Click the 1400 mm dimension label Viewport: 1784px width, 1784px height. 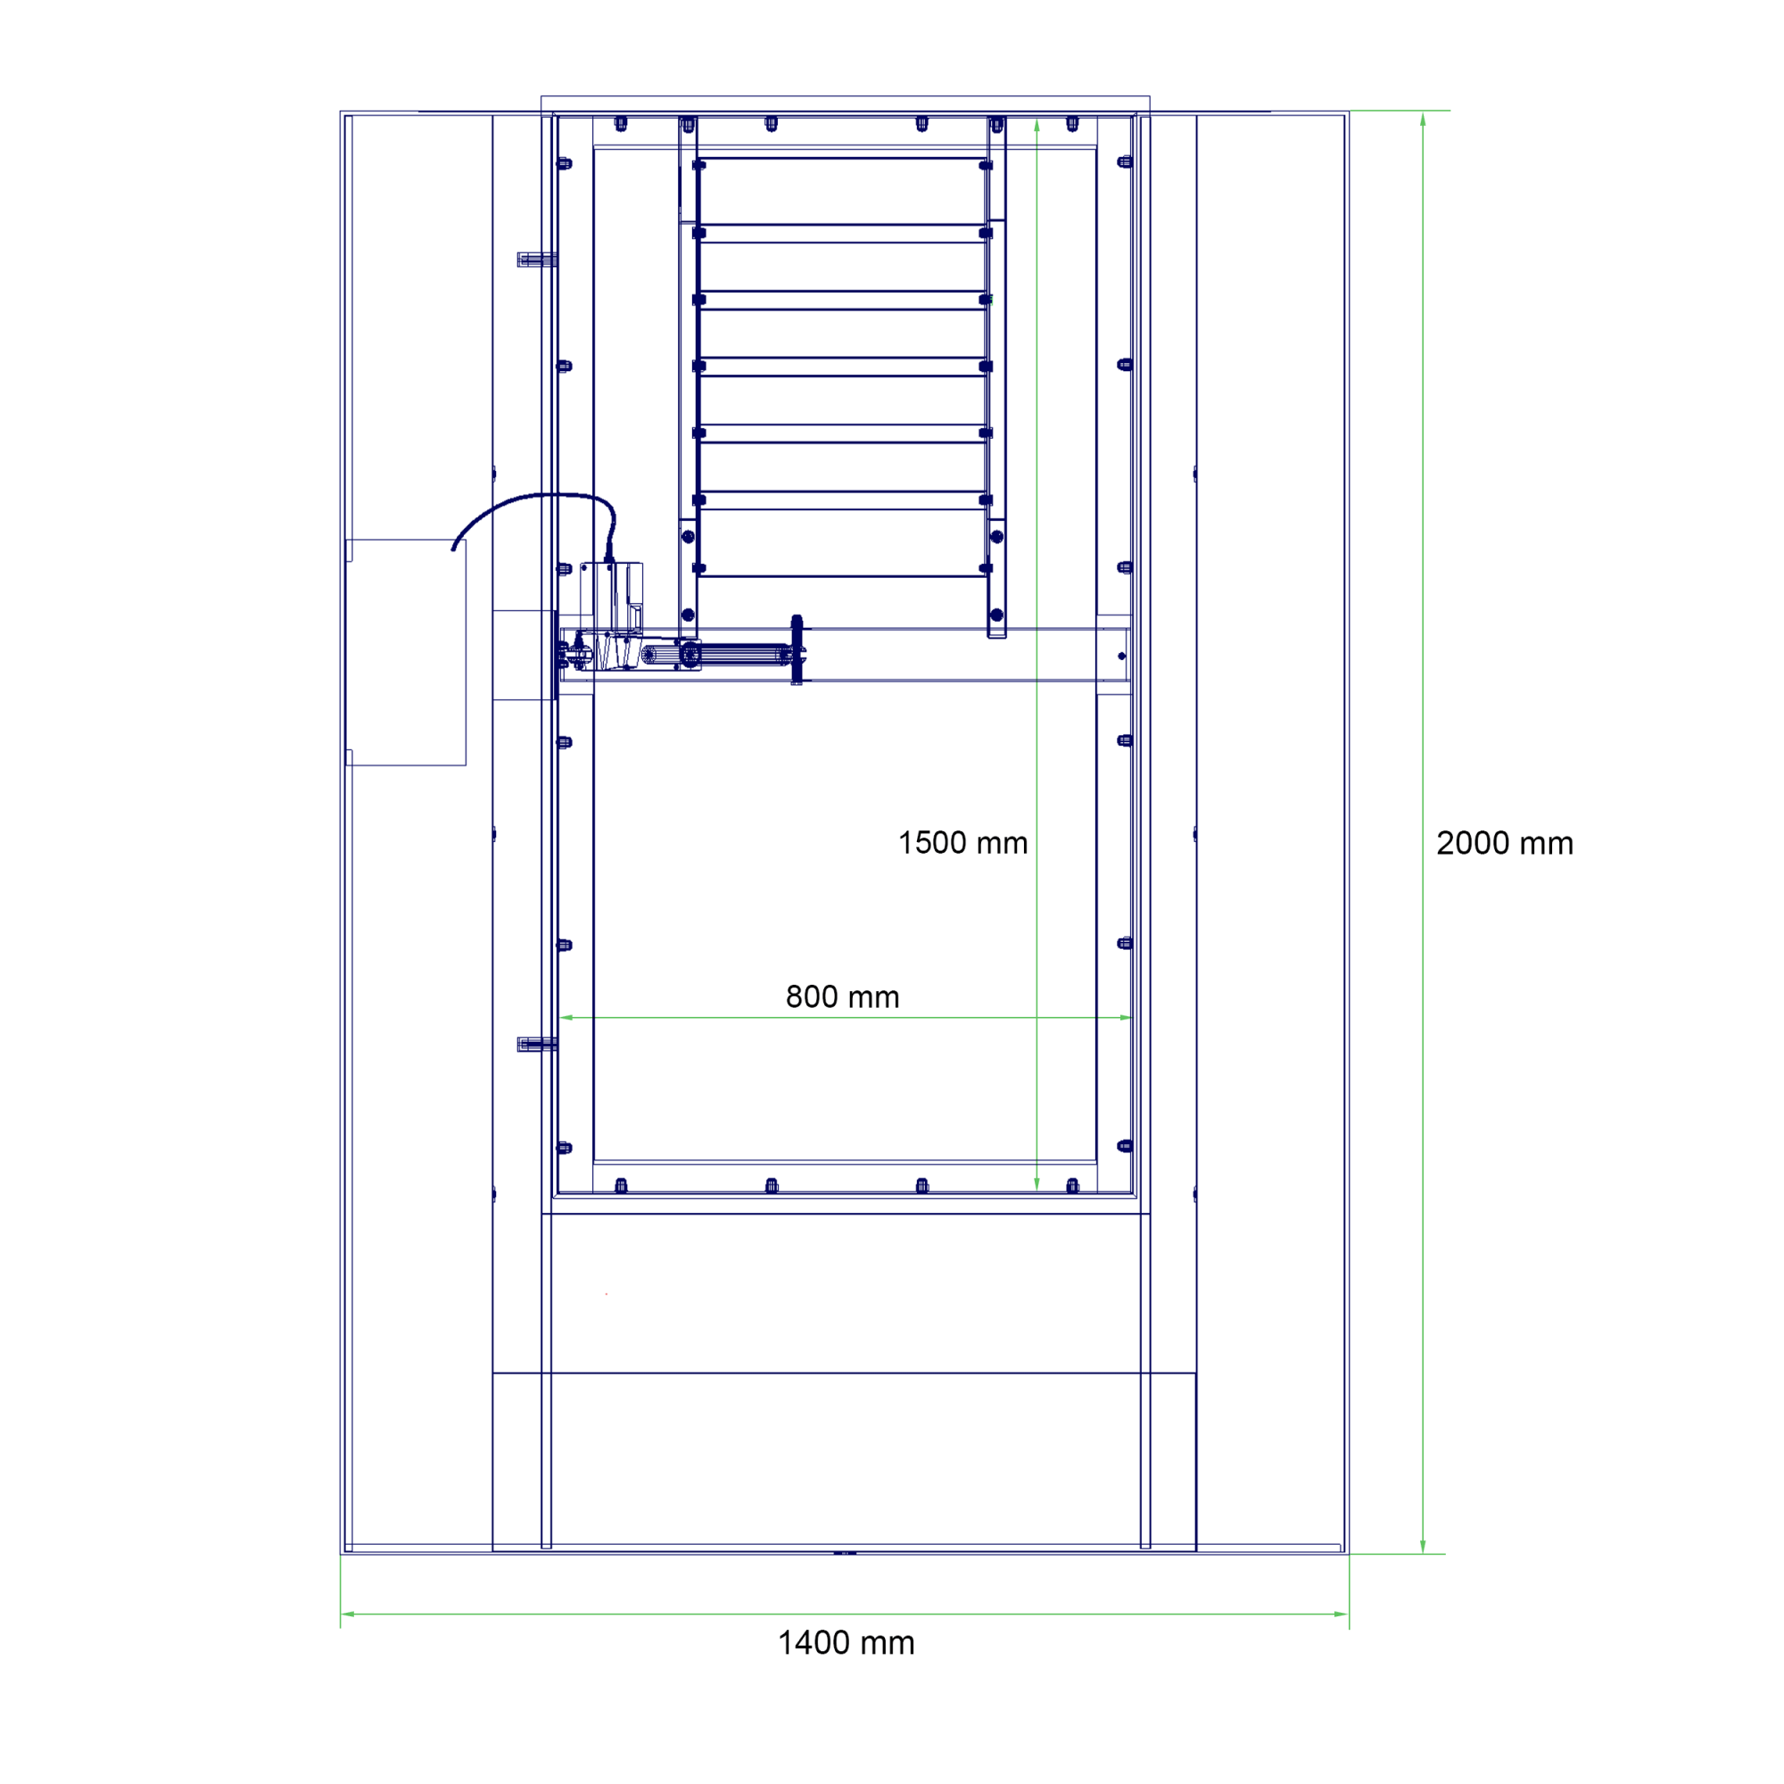click(x=846, y=1643)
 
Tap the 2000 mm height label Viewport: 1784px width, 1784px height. click(x=1504, y=843)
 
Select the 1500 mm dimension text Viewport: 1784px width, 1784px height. click(x=963, y=843)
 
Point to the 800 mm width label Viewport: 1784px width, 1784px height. click(x=842, y=997)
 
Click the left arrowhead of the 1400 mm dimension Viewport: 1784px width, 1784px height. click(x=347, y=1615)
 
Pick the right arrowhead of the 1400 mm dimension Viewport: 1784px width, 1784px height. click(x=1342, y=1615)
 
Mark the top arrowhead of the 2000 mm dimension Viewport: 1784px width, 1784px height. click(x=1423, y=120)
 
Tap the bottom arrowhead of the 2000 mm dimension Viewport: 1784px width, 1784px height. click(x=1423, y=1547)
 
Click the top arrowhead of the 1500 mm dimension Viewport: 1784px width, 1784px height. click(x=1037, y=126)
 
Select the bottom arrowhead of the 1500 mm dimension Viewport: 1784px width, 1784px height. click(x=1037, y=1184)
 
